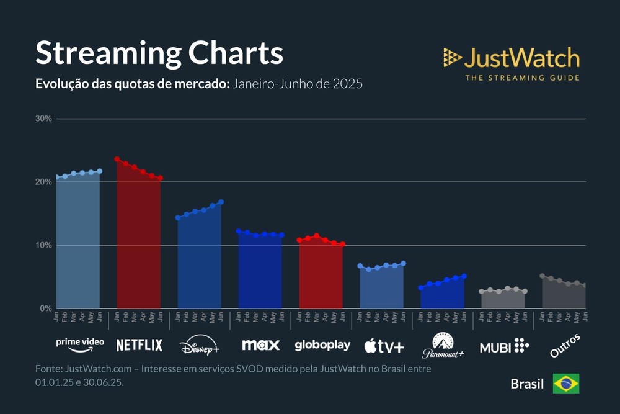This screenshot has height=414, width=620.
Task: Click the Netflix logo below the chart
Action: (139, 345)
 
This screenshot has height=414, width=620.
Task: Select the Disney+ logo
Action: (200, 346)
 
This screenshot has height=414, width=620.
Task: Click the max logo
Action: (260, 345)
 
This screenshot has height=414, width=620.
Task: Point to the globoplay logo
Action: (322, 345)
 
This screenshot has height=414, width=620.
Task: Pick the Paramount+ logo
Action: (443, 346)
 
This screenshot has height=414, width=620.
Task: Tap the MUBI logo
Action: (504, 346)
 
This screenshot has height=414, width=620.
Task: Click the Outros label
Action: (565, 346)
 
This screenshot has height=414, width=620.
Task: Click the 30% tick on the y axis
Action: (45, 119)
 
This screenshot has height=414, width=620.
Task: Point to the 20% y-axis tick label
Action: (45, 182)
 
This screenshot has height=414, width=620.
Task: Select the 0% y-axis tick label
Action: (46, 308)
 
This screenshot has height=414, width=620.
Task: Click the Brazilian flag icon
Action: (566, 384)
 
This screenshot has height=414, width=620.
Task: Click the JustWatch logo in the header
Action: (511, 63)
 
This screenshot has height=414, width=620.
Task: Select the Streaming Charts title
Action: (159, 53)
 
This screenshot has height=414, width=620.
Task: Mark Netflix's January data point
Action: (117, 160)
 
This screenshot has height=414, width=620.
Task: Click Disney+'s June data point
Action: (221, 202)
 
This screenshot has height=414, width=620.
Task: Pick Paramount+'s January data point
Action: (421, 288)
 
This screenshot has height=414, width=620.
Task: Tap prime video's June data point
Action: (100, 171)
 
